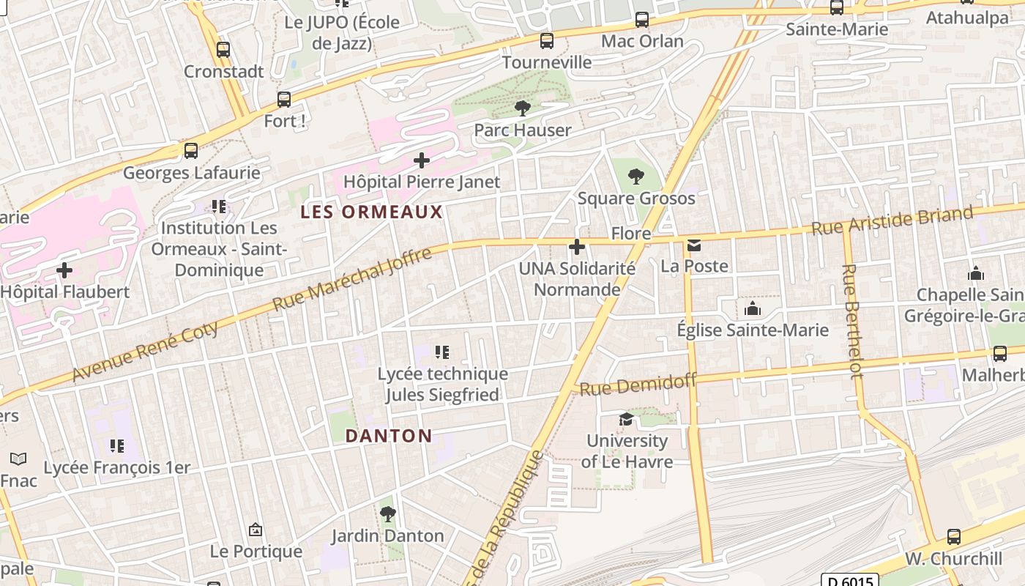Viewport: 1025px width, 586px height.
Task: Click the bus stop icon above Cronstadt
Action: pyautogui.click(x=223, y=50)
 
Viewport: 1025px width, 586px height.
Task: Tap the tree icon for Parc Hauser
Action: pyautogui.click(x=522, y=108)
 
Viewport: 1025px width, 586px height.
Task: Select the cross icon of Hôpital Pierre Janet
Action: pyautogui.click(x=422, y=160)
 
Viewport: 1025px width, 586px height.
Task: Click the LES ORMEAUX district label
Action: pyautogui.click(x=372, y=212)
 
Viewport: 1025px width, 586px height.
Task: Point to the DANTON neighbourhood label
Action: pyautogui.click(x=388, y=436)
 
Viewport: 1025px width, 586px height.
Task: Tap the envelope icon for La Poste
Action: pyautogui.click(x=693, y=245)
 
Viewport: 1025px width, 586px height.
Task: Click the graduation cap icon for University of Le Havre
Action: pyautogui.click(x=626, y=419)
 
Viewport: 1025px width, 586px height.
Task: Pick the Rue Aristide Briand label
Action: pyautogui.click(x=892, y=220)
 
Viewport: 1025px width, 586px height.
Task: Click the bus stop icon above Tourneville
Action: pyautogui.click(x=546, y=40)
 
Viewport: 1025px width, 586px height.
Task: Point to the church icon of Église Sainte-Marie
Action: pyautogui.click(x=752, y=308)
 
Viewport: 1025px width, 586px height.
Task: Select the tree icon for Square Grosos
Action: pyautogui.click(x=636, y=176)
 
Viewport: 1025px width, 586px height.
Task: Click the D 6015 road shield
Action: pyautogui.click(x=849, y=580)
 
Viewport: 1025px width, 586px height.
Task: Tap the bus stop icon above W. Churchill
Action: pyautogui.click(x=953, y=536)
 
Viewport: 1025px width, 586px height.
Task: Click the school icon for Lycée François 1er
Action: pyautogui.click(x=116, y=445)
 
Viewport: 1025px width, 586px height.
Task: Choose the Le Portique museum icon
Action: pyautogui.click(x=256, y=529)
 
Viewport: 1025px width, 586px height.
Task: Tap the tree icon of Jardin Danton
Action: pyautogui.click(x=387, y=513)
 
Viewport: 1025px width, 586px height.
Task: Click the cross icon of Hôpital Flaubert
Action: pyautogui.click(x=64, y=270)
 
